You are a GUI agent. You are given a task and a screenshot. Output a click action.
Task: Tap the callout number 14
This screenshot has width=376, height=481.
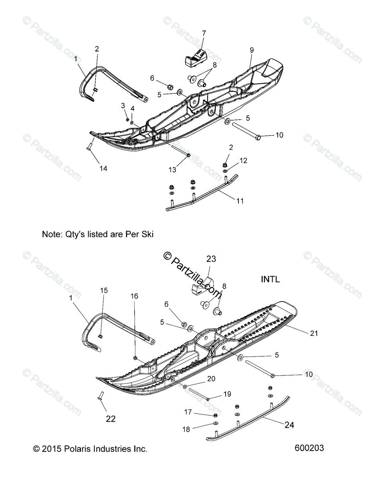coord(103,168)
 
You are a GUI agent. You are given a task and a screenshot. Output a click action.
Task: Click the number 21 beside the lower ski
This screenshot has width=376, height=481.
coord(314,333)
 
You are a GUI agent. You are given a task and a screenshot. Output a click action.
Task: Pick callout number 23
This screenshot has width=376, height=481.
coord(211,259)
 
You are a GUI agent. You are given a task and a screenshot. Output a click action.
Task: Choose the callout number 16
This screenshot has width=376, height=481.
coord(134,296)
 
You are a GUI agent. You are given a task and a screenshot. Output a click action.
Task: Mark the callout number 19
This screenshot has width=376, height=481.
coord(227,394)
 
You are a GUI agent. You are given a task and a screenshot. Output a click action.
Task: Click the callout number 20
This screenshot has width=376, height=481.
coord(211,379)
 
